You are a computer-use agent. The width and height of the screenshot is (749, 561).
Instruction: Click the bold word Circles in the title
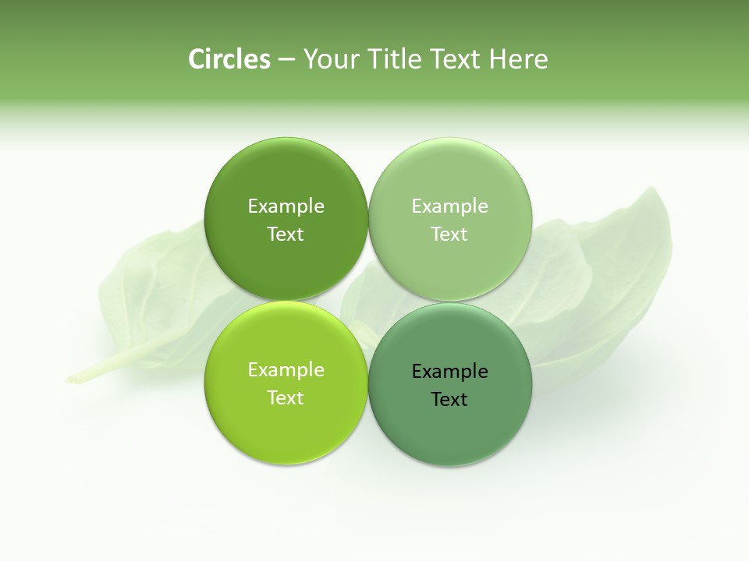[229, 59]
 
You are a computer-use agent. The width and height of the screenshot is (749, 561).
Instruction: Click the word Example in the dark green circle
[286, 206]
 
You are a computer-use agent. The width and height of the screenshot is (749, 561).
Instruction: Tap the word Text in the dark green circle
[286, 234]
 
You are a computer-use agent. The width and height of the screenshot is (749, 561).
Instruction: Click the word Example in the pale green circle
[449, 206]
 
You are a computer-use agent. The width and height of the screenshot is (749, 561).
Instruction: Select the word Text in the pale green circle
[449, 234]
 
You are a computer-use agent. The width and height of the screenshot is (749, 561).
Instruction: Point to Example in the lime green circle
[286, 369]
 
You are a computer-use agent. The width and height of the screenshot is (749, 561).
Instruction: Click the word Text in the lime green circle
[286, 397]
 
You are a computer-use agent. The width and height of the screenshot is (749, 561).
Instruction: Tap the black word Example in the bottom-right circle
[449, 371]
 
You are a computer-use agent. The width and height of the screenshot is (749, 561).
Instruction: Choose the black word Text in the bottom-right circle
[449, 399]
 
